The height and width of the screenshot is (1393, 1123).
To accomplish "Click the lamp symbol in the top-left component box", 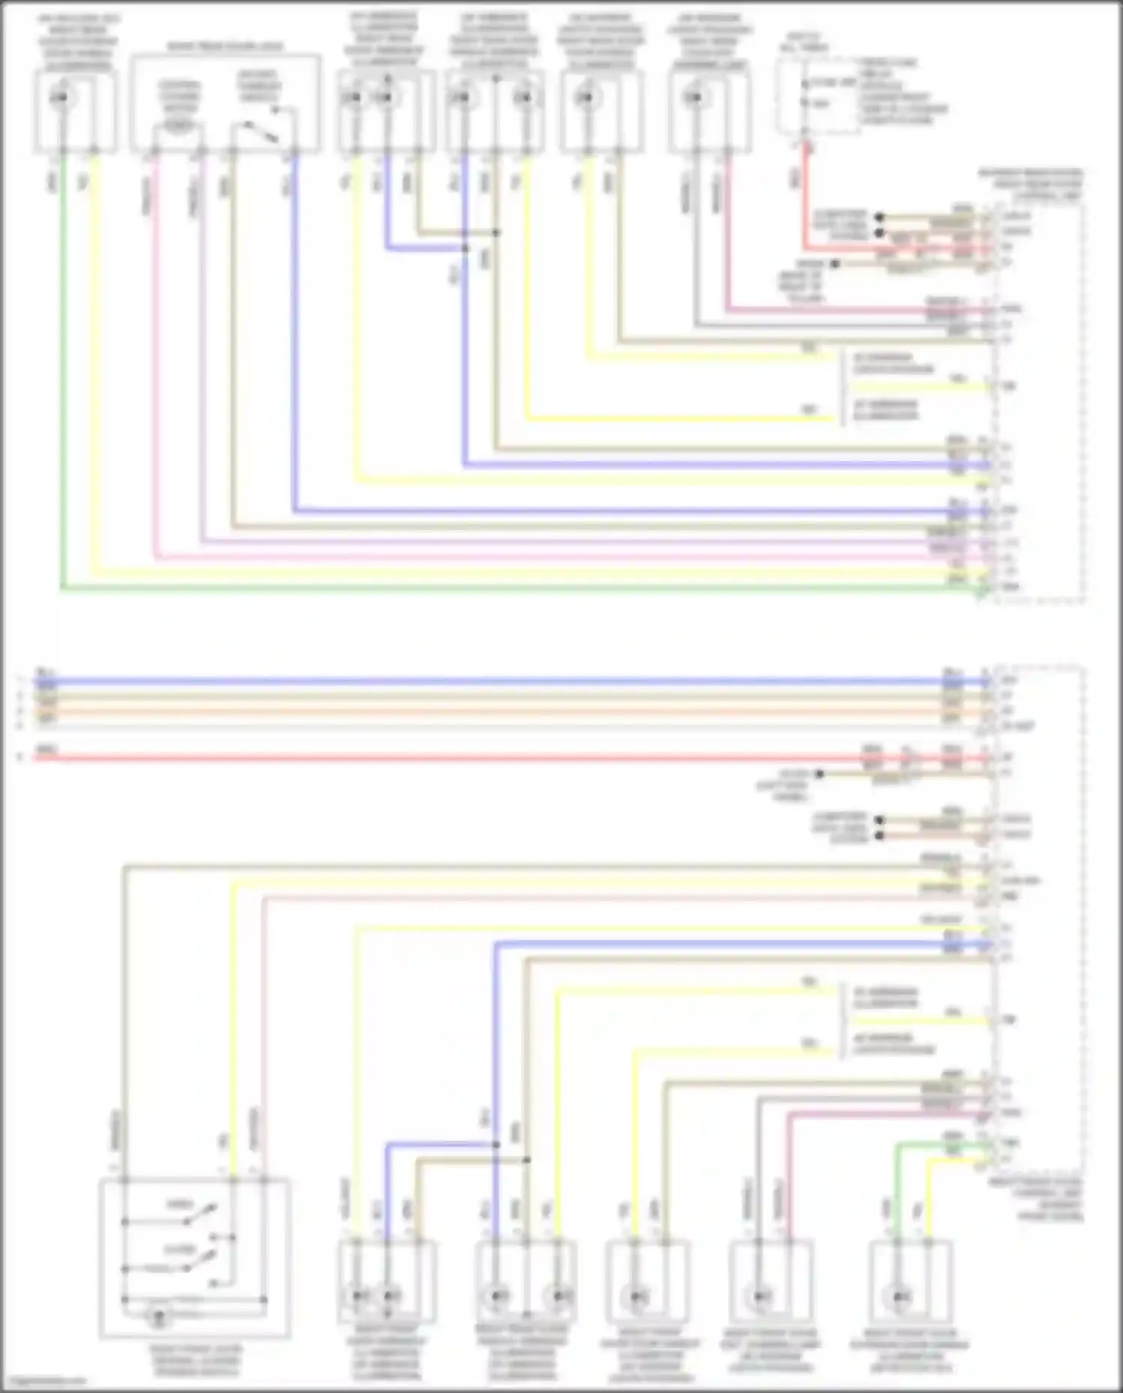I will [x=61, y=97].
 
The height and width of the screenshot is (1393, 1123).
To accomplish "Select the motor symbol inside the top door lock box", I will [x=178, y=124].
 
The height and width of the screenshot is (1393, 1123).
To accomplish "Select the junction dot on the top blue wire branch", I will [x=465, y=248].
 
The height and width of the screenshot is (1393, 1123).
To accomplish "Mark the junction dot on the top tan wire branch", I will [x=496, y=233].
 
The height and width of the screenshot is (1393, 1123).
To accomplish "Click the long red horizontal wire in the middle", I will [x=449, y=758].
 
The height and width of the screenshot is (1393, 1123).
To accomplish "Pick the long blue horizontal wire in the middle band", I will [x=449, y=682].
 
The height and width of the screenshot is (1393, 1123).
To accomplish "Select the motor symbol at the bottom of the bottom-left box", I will [x=158, y=1316].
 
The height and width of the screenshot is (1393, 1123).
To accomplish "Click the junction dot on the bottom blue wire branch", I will [x=496, y=1144].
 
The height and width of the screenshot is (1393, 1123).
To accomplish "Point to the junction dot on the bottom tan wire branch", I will [x=526, y=1159].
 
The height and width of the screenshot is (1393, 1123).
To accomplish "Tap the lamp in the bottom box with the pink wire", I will [x=762, y=1297].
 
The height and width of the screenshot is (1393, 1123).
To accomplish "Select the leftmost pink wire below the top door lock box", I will [x=156, y=359].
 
